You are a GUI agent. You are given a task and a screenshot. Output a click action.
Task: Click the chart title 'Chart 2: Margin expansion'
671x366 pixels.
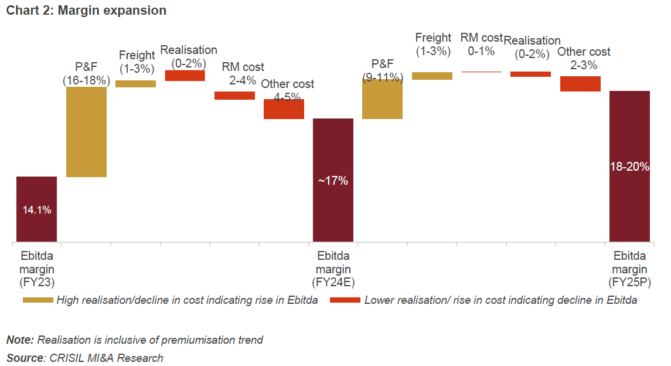pos(86,11)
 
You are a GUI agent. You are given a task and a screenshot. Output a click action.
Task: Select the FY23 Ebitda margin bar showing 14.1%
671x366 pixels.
pos(36,209)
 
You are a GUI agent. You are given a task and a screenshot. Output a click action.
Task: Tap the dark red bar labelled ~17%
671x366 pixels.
pos(333,180)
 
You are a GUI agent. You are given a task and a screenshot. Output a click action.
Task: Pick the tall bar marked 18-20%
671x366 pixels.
pos(630,166)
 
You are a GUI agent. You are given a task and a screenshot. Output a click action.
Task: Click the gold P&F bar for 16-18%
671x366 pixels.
pos(86,131)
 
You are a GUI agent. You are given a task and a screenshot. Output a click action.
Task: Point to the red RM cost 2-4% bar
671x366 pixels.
pos(234,96)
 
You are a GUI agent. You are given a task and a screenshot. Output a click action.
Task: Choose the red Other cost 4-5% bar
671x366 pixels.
pos(284,109)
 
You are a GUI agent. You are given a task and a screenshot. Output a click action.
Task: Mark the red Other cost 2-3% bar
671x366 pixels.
pos(580,84)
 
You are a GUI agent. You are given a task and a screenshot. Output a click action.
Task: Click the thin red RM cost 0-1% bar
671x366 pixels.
pos(481,72)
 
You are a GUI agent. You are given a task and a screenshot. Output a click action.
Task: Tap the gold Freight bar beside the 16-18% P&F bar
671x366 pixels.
pos(135,84)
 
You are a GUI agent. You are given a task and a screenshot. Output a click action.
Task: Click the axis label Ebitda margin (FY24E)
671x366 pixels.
pos(333,269)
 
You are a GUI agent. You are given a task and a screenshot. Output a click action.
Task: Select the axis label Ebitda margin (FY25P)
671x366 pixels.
pos(630,269)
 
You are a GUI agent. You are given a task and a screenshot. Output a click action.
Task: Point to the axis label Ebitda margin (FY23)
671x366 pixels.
pos(36,269)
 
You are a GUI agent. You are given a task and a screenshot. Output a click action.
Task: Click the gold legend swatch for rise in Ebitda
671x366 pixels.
pos(38,300)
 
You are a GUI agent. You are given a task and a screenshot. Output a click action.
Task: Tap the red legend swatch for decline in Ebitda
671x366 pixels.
pos(345,300)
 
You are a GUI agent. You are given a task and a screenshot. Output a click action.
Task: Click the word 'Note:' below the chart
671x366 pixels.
pos(20,340)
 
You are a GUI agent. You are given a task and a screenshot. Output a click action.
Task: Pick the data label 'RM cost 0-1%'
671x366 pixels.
pos(481,45)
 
